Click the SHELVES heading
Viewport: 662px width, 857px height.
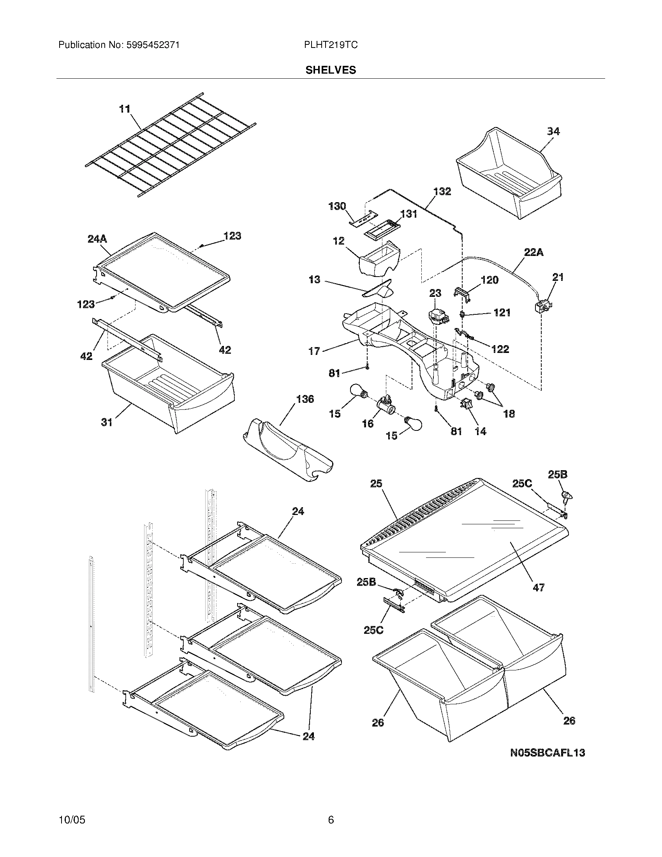[x=331, y=70]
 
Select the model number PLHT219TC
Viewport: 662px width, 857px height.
[x=331, y=45]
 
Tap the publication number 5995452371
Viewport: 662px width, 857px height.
[x=153, y=45]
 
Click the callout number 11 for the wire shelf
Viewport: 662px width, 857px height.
[x=125, y=109]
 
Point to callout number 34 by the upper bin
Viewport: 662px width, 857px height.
[x=553, y=131]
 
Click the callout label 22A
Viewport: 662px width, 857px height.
[x=534, y=252]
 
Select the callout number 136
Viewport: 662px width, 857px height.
[x=305, y=399]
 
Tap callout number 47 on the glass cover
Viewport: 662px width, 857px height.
[x=539, y=598]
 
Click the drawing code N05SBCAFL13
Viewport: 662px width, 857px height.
[x=548, y=753]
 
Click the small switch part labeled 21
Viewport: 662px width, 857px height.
[x=542, y=307]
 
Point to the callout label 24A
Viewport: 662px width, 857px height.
[x=97, y=238]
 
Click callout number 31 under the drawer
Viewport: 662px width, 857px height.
[x=107, y=422]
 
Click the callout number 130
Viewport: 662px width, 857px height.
[x=337, y=206]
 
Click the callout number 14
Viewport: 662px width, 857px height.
[x=480, y=431]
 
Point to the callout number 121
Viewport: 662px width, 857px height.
[x=502, y=312]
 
